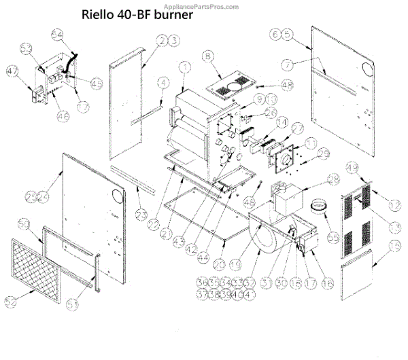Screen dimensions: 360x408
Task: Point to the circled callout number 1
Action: [x=184, y=67]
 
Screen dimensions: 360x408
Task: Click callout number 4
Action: [x=163, y=83]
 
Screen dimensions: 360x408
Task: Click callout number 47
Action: [x=12, y=69]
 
